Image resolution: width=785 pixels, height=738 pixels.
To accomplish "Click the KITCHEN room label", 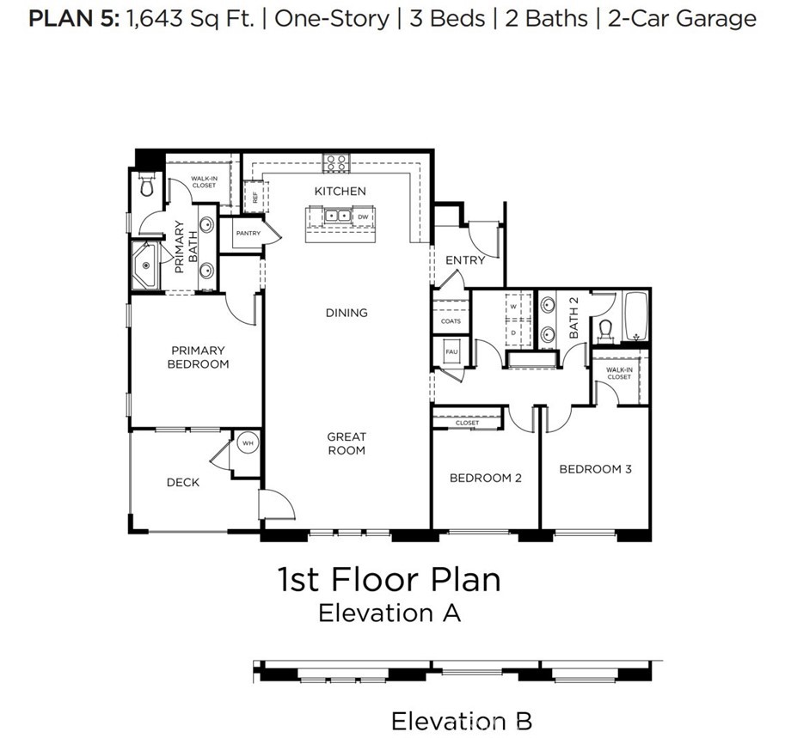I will (340, 191).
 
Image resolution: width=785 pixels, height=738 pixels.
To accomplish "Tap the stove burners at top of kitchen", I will (335, 162).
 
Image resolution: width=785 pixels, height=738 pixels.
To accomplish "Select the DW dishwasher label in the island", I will (363, 217).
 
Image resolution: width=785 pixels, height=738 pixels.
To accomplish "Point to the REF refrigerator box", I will (255, 196).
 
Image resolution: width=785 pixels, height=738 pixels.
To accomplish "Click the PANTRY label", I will (248, 233).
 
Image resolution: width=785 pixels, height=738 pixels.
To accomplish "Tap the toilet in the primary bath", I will (146, 183).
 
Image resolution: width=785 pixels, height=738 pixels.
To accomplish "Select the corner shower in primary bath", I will (144, 265).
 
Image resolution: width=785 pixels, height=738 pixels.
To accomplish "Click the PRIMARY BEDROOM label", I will (199, 357).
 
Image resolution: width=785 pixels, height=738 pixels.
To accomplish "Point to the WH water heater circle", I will (248, 443).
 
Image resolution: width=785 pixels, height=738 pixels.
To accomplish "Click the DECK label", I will (182, 482).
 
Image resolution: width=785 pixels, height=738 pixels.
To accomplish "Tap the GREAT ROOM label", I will (346, 443).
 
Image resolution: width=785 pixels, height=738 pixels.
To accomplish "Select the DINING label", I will (346, 313).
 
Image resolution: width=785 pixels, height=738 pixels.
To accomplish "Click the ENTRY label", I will (464, 259).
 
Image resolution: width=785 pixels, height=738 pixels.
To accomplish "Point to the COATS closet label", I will (451, 321).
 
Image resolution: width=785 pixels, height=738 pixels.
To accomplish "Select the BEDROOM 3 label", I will (595, 469).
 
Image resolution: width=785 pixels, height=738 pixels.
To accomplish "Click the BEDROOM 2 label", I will (486, 478).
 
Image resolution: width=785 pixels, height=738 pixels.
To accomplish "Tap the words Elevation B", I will (462, 720).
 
